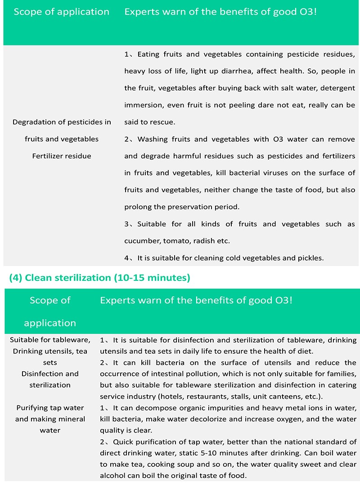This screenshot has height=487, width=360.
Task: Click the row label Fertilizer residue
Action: point(62,156)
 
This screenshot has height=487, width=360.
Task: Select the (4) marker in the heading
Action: point(16,278)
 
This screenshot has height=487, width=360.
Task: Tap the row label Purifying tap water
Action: point(50,408)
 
